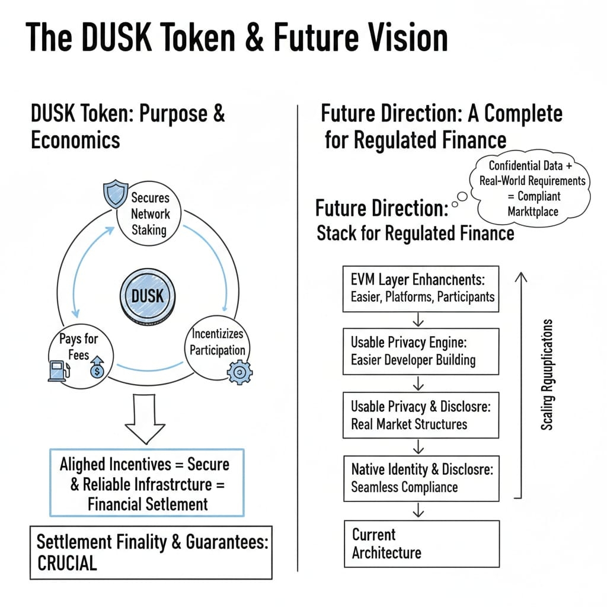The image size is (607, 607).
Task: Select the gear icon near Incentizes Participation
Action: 239,372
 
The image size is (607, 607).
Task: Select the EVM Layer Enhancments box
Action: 421,289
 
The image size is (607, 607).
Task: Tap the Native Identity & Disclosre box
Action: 421,478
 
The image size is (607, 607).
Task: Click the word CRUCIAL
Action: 67,563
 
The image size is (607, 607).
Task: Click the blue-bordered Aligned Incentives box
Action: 145,483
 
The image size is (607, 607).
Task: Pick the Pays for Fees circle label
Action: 78,347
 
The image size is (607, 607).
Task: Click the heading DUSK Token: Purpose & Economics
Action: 127,126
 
